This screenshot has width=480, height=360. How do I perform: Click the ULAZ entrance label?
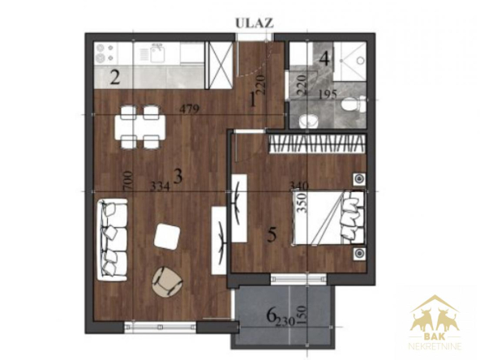click(x=254, y=24)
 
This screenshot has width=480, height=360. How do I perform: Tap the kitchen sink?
click(x=157, y=53)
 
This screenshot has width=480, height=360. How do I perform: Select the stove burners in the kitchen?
click(x=105, y=53)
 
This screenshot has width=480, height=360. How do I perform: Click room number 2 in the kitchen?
click(x=115, y=78)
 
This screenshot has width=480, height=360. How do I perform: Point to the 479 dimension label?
click(x=190, y=109)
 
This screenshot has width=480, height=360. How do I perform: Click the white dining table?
click(x=140, y=127)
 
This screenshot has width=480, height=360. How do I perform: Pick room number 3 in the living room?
click(x=178, y=176)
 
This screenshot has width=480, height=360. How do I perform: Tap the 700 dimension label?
click(x=128, y=182)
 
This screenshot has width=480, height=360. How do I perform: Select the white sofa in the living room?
click(x=113, y=240)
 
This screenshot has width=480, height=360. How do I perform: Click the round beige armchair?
click(x=168, y=281)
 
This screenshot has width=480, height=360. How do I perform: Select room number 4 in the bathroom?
click(x=324, y=58)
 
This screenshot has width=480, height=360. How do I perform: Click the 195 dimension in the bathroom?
click(x=328, y=94)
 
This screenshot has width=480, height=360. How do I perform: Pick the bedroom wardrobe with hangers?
click(x=317, y=144)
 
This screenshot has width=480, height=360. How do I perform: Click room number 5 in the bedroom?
click(x=272, y=235)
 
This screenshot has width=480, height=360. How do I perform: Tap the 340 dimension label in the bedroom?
click(x=298, y=185)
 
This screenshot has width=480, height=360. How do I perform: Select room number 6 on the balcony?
click(x=271, y=315)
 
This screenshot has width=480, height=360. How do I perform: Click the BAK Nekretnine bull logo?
click(x=435, y=322)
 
